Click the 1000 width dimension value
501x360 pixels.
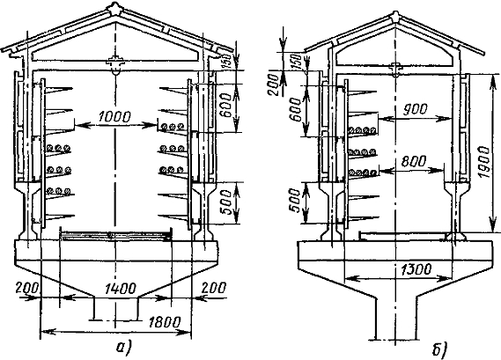(114, 117)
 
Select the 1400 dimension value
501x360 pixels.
(122, 289)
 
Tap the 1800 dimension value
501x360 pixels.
(165, 322)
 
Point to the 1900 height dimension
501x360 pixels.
(484, 163)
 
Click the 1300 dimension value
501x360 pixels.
(416, 269)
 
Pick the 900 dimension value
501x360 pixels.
(415, 109)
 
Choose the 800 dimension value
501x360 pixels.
(414, 161)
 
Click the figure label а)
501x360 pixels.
(124, 348)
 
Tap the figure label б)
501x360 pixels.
(440, 349)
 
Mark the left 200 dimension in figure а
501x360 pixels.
(27, 288)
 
